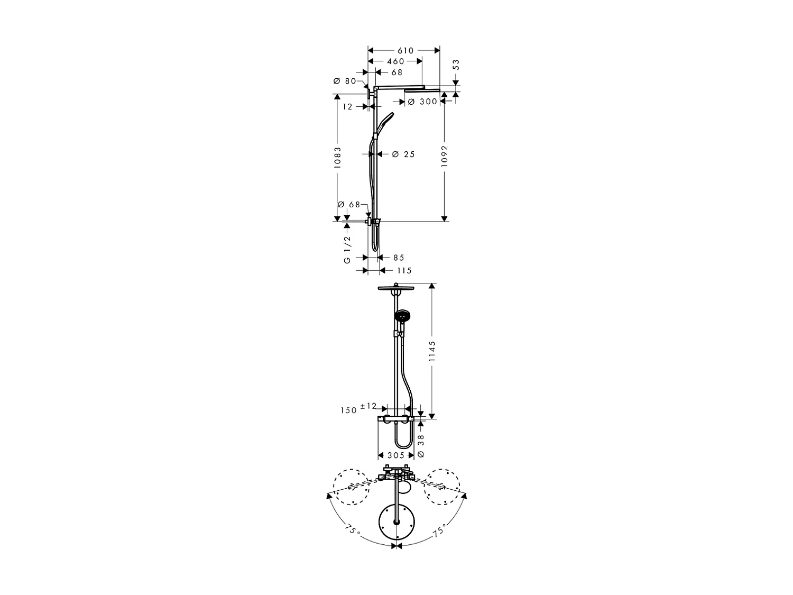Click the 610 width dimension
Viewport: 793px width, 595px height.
click(x=405, y=51)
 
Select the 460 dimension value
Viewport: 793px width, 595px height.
click(x=395, y=61)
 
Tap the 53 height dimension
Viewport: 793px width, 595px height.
click(x=456, y=65)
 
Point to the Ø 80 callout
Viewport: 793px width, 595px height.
click(x=345, y=81)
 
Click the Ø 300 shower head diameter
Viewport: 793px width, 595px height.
click(x=423, y=102)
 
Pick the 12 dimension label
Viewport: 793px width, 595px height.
click(x=347, y=107)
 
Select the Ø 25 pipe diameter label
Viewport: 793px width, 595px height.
click(x=403, y=154)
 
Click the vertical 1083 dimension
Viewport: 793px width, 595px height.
click(x=338, y=158)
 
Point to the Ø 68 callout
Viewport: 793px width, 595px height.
click(x=348, y=205)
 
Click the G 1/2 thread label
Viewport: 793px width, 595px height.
click(x=347, y=249)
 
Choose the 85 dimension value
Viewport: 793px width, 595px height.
click(x=399, y=258)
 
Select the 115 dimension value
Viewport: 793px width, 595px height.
click(x=403, y=271)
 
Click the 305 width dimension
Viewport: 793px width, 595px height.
click(x=395, y=455)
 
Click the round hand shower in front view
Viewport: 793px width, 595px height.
click(x=401, y=317)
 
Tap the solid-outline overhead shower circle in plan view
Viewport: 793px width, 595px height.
click(x=395, y=523)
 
